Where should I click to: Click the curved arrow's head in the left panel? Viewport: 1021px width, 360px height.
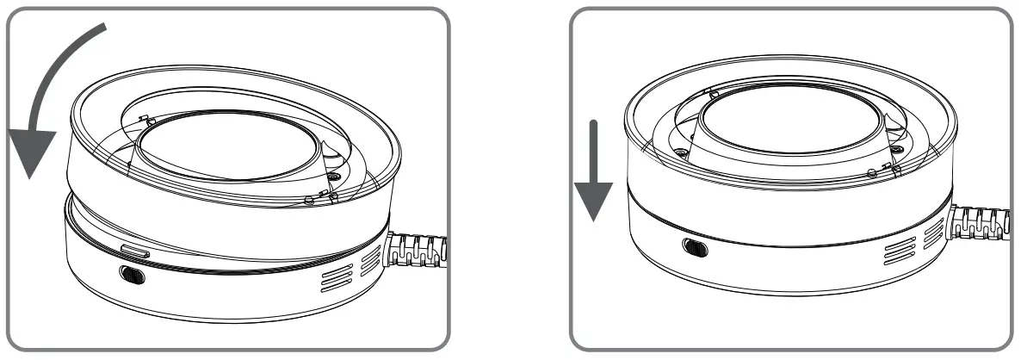point(28,154)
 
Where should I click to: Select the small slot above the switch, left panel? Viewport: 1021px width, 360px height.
point(136,251)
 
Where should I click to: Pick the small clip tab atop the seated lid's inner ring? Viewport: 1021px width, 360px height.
point(710,90)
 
